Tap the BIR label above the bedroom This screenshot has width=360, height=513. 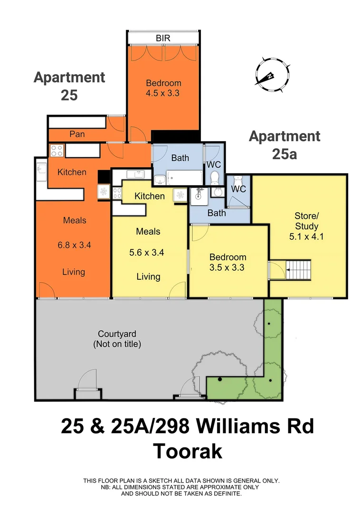tap(163, 38)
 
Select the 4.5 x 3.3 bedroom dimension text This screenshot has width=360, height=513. tap(162, 93)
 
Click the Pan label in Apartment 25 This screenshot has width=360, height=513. tap(77, 134)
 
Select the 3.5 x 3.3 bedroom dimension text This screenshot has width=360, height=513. tap(227, 267)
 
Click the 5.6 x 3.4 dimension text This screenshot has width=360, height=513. tap(148, 253)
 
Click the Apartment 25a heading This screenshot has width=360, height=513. tap(284, 145)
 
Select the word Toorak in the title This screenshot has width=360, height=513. tap(187, 451)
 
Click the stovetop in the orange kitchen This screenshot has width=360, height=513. tap(57, 151)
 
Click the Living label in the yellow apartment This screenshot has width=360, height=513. tap(148, 276)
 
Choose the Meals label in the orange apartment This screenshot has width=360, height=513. tap(75, 220)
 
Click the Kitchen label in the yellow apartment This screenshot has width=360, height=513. tap(150, 196)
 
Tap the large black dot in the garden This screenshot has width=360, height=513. tap(220, 379)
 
